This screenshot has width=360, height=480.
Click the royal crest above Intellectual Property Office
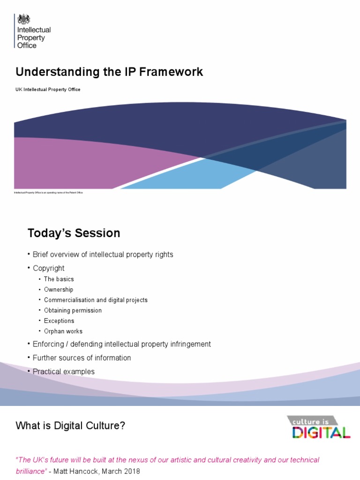pos(23,19)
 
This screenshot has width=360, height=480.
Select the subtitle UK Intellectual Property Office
pos(48,90)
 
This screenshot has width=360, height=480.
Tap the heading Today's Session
pos(74,233)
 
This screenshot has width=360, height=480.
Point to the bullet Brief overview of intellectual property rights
pos(103,255)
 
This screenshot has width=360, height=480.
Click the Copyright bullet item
pos(48,268)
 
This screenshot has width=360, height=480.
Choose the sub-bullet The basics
pos(59,279)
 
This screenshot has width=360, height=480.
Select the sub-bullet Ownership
pos(59,290)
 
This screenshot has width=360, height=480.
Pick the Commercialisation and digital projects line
pos(96,300)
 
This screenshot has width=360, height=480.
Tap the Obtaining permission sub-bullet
pos(73,310)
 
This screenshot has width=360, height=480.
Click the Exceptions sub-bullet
pos(59,321)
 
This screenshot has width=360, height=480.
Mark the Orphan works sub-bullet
pos(63,331)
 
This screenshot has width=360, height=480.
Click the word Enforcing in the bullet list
pos(48,344)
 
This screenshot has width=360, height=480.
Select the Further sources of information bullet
pos(82,358)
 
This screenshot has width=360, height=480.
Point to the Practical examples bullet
pos(63,372)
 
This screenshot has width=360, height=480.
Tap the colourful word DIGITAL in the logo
pos(321,432)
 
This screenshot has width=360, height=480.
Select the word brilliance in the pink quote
pos(31,471)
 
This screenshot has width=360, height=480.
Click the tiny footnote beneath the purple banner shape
pos(49,193)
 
